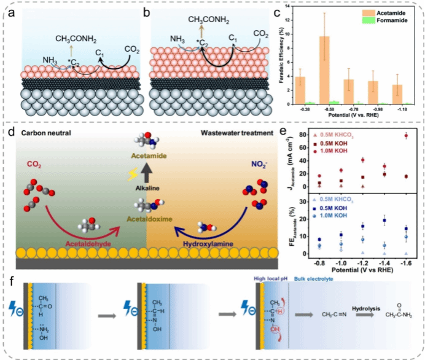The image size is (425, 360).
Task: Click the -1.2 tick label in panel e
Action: [363, 261]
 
